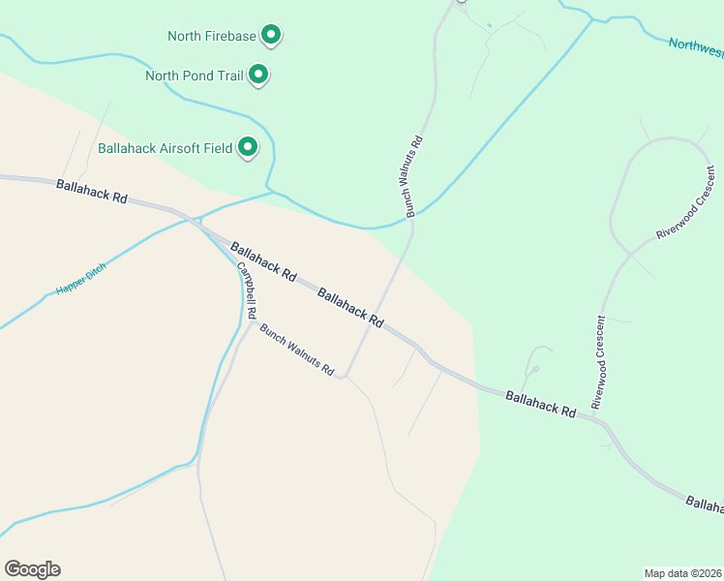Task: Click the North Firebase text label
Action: (x=211, y=37)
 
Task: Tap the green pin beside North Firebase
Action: (x=272, y=36)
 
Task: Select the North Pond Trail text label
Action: (x=194, y=76)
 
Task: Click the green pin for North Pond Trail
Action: (x=258, y=74)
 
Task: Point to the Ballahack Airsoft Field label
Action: (x=165, y=149)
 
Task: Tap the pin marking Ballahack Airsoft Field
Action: (x=249, y=147)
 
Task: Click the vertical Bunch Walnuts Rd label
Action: (x=414, y=175)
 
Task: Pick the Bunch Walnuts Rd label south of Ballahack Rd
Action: (x=296, y=350)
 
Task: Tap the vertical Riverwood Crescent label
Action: (x=600, y=361)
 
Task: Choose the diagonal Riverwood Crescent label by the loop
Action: (x=685, y=204)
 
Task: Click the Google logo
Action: (x=32, y=569)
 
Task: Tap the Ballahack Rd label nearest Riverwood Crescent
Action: (x=539, y=403)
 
